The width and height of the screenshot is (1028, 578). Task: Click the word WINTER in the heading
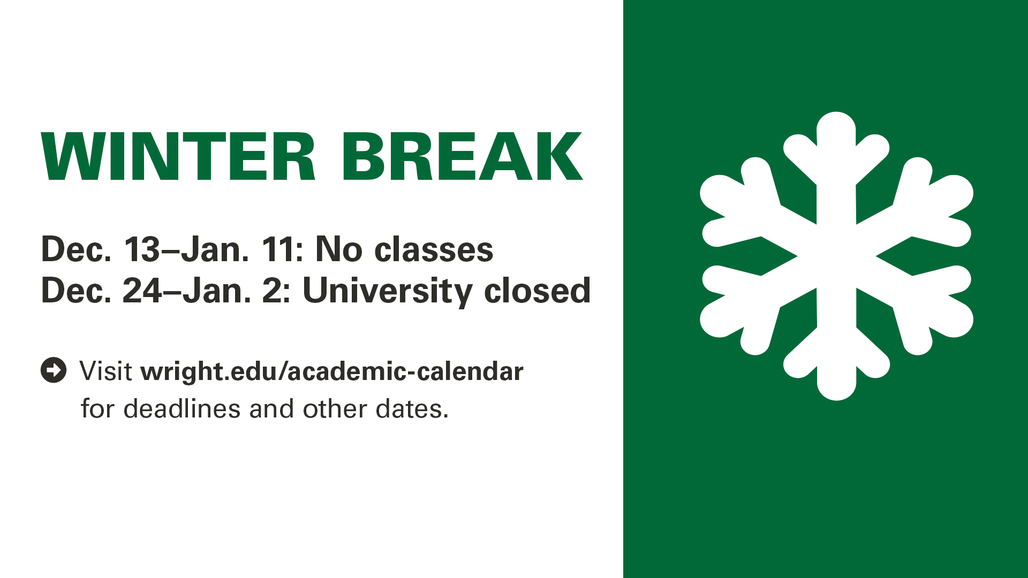click(x=179, y=156)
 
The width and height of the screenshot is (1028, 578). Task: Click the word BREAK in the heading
click(x=462, y=156)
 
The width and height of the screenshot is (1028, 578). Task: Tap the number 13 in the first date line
click(x=142, y=249)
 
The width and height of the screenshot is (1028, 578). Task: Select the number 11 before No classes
click(x=278, y=249)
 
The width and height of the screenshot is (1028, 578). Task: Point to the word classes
click(x=434, y=250)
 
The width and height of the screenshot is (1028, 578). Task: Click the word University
click(x=387, y=292)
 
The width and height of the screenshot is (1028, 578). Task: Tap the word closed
click(x=537, y=291)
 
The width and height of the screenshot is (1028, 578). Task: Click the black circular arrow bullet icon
click(x=54, y=370)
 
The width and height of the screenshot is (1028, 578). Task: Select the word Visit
click(x=106, y=371)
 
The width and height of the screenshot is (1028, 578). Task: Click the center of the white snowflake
click(x=836, y=256)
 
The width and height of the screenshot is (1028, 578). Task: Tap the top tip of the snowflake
click(x=836, y=112)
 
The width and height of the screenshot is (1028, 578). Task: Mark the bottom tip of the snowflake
click(x=836, y=400)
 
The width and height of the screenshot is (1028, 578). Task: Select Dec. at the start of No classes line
click(x=77, y=249)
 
